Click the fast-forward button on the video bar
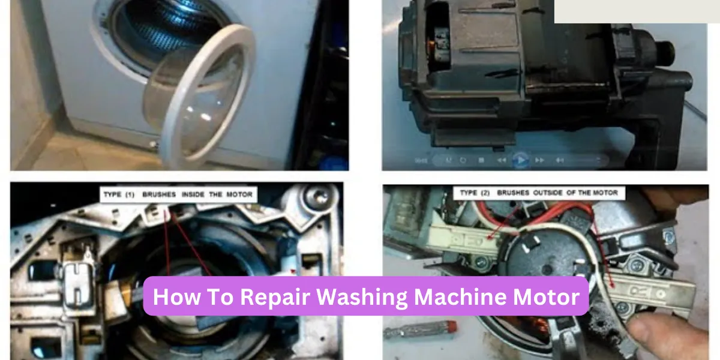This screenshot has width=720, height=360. pyautogui.click(x=539, y=160)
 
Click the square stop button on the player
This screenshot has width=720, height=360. pyautogui.click(x=481, y=160)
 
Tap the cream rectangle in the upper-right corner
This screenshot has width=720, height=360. pyautogui.click(x=636, y=11)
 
